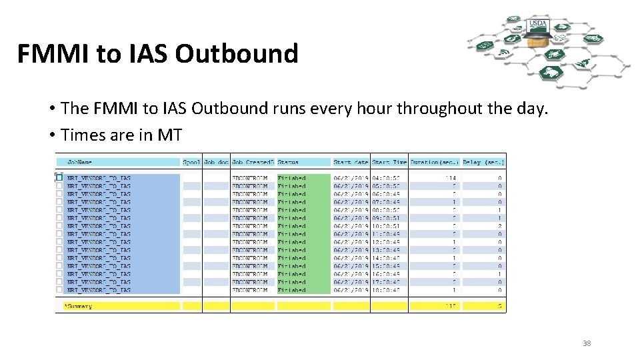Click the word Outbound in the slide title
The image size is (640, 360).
coord(236,54)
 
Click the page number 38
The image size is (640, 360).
coord(587,343)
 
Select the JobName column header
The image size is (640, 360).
coord(80,162)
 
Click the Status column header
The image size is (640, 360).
coord(288,162)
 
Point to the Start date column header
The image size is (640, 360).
coord(351,162)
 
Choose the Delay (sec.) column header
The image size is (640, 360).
coord(483,162)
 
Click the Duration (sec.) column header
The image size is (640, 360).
coord(433,162)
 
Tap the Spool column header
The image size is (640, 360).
coord(191,162)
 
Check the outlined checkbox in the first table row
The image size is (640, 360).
coord(59,178)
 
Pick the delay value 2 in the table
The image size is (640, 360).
coord(499,226)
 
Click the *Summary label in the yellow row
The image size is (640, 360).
coord(79,306)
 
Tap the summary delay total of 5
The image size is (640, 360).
coord(499,306)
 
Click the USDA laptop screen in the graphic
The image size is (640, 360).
coord(537,25)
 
